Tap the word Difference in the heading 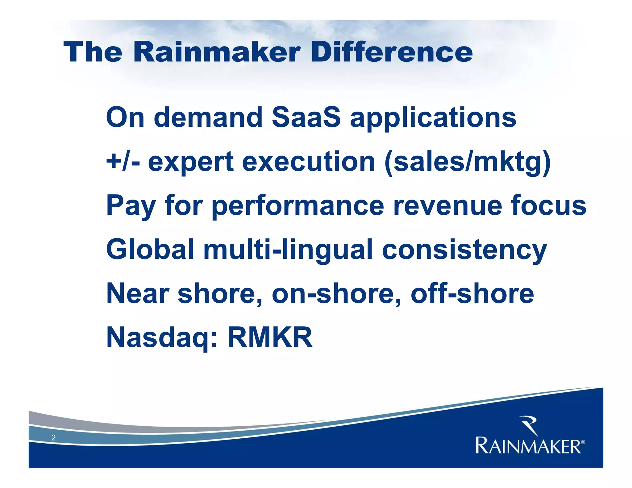[x=392, y=52]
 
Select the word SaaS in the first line [x=306, y=117]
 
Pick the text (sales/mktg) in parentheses [x=467, y=163]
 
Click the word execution [x=308, y=162]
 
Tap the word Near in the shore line [x=138, y=294]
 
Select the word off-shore [x=472, y=294]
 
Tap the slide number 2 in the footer [x=53, y=437]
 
